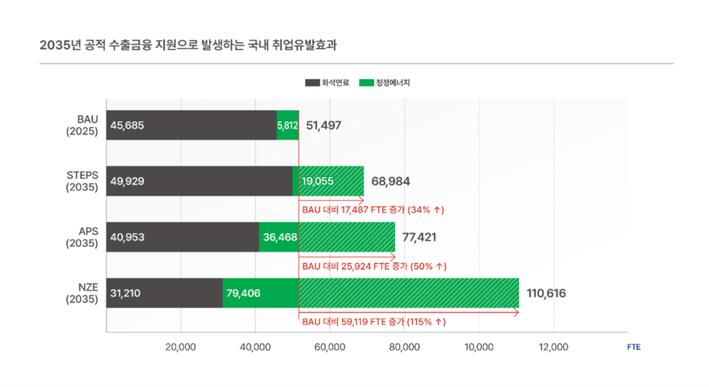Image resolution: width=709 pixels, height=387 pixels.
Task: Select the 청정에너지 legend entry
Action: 384,83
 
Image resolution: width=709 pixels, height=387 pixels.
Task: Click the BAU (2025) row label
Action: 82,125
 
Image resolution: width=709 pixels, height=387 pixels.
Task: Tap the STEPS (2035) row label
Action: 82,181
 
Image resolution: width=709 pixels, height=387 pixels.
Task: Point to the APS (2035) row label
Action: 82,237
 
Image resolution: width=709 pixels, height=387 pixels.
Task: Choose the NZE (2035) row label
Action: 82,293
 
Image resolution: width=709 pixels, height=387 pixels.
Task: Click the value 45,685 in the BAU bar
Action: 127,126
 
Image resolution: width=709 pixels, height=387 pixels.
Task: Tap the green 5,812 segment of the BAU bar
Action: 287,126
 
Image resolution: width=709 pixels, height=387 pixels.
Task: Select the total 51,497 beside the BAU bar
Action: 323,126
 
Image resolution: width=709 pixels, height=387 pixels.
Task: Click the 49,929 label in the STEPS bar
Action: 127,182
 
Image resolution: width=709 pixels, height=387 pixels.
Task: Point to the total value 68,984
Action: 391,182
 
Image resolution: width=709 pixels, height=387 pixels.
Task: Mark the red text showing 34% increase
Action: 373,210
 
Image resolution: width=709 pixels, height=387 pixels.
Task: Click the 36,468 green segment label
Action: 279,238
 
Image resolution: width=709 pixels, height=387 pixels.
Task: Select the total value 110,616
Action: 546,293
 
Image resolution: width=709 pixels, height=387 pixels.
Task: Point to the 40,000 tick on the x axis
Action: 256,346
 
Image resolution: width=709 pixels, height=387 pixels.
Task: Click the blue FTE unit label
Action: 633,346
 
